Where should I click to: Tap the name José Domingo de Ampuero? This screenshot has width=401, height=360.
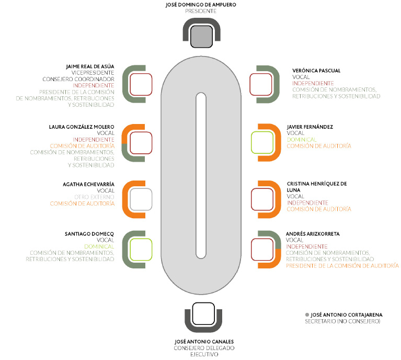[x=200, y=4]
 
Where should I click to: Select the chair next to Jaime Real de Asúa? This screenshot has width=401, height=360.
[x=141, y=84]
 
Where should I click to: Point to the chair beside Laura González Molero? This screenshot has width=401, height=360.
[x=141, y=142]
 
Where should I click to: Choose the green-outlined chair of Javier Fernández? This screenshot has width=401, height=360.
[x=262, y=142]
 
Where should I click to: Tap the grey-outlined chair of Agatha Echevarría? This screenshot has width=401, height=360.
[x=141, y=199]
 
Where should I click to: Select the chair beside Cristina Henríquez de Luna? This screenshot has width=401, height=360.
[x=262, y=199]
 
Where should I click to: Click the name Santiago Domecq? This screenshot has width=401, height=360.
[x=91, y=234]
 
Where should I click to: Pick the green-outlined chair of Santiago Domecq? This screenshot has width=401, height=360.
[x=141, y=249]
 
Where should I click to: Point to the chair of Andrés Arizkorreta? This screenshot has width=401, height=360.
[x=262, y=249]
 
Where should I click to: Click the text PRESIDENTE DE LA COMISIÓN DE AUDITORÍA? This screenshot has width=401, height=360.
[x=342, y=266]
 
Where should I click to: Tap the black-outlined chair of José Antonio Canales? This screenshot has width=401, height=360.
[x=201, y=314]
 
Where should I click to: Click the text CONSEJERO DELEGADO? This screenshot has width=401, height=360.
[x=201, y=348]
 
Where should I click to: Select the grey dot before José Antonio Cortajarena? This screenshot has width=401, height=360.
[x=307, y=314]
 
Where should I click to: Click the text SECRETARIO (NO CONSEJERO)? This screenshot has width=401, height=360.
[x=342, y=320]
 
